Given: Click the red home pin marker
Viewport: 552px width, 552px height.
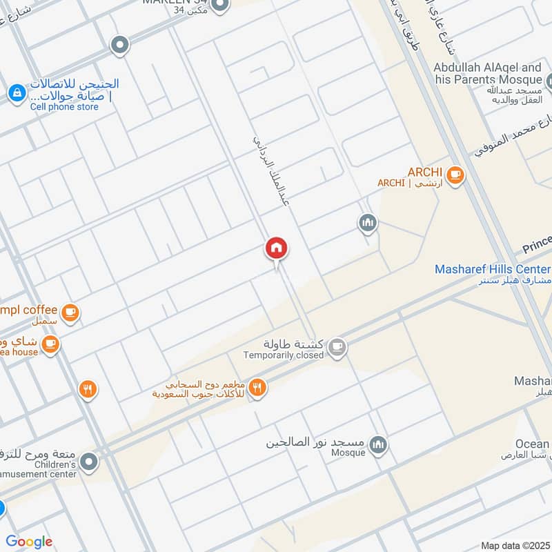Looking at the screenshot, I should point(277,248).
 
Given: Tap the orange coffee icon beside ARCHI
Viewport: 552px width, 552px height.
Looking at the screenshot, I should point(454,175).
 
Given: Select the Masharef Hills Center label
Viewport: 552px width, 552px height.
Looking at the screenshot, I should point(493,269).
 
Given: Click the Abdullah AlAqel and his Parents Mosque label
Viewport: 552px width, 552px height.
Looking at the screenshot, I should point(487,74).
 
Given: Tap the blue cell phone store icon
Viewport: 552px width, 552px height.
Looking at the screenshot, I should point(16,91).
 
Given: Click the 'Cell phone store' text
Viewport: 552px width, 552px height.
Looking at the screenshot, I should point(64,107).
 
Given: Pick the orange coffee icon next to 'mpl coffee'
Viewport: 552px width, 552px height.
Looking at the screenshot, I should point(70,313).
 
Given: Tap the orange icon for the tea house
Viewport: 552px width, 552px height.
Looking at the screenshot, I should point(50,342).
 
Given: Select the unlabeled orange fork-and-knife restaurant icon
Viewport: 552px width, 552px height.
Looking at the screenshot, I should point(87,390).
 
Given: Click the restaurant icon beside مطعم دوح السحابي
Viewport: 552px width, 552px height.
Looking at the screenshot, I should point(257,388).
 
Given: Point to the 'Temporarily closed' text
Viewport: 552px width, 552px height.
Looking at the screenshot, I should point(283,355).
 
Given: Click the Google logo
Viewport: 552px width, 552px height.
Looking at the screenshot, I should point(29,542).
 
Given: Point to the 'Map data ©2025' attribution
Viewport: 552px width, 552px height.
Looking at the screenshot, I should point(514,545).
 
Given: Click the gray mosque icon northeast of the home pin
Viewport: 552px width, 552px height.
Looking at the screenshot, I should point(367,223).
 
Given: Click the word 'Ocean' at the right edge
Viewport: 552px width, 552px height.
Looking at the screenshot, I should point(532,444).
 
